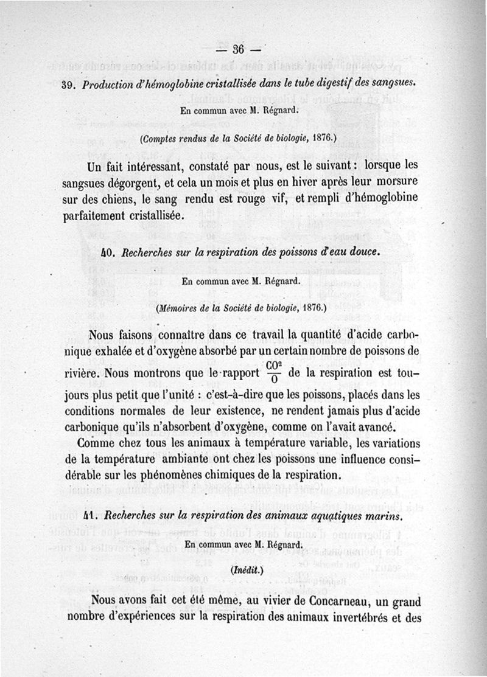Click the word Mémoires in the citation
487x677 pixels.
[x=179, y=308]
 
